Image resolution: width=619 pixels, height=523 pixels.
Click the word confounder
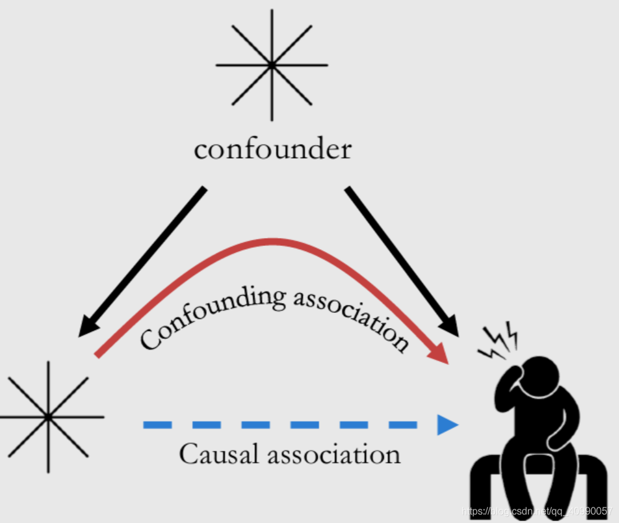272,150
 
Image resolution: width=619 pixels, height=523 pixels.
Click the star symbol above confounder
271,64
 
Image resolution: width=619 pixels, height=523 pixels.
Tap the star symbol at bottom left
48,416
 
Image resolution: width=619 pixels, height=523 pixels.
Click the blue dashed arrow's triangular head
447,424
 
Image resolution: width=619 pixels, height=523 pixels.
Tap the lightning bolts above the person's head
499,341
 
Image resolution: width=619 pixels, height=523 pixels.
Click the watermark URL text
533,511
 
